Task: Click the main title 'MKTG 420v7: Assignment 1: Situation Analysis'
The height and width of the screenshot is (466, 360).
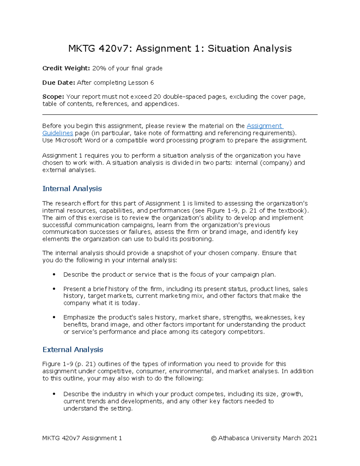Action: [180, 49]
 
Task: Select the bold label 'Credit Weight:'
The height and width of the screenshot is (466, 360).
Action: [66, 68]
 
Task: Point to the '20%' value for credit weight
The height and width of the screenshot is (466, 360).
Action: [99, 68]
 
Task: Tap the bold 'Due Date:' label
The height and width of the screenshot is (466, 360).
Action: [58, 83]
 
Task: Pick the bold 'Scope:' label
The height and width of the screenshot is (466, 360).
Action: [53, 97]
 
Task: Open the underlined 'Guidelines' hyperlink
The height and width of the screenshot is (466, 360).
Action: [58, 133]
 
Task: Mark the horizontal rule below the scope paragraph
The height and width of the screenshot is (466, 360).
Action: [180, 115]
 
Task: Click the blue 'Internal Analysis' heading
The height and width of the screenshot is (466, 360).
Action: [72, 189]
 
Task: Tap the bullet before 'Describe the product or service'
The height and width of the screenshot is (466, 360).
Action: [54, 275]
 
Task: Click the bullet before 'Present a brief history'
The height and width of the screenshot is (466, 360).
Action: [54, 289]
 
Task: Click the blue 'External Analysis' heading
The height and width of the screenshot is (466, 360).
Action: [73, 350]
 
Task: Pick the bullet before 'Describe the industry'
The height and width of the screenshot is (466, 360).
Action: [54, 394]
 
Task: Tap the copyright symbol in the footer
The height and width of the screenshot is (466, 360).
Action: [214, 438]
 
